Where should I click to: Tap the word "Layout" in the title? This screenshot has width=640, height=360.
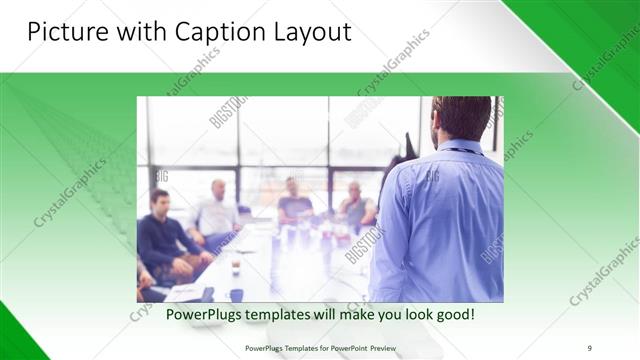click(310, 32)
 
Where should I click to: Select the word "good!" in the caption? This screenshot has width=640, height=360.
click(454, 315)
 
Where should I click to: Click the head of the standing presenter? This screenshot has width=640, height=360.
click(461, 118)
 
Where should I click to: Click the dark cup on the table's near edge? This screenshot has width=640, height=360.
click(236, 295)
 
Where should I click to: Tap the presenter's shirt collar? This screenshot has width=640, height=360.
click(462, 148)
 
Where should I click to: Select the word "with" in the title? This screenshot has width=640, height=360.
click(143, 32)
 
